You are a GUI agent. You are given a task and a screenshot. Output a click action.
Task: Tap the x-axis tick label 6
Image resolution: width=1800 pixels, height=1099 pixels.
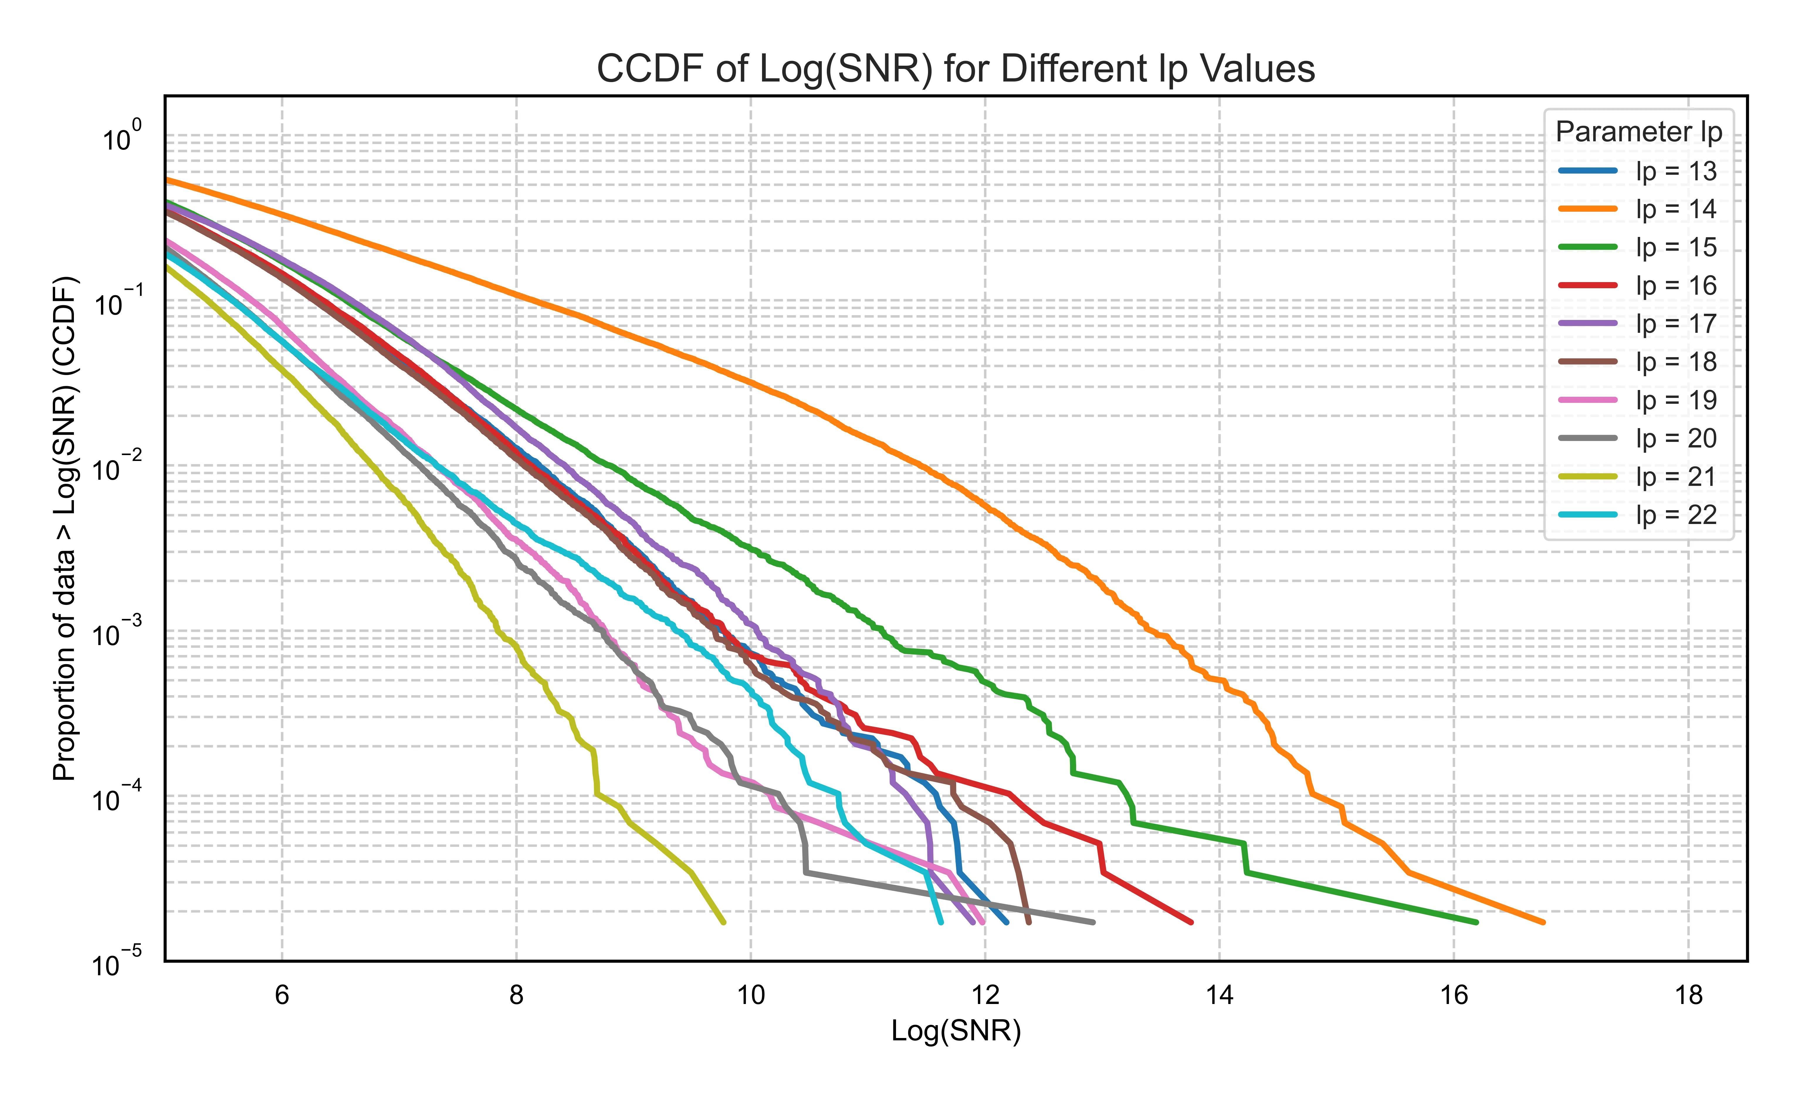click(x=282, y=995)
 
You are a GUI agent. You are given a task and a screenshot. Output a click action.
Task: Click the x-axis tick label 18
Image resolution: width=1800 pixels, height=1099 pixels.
click(x=1688, y=995)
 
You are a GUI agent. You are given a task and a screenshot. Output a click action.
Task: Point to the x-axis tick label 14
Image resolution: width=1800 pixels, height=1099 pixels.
click(x=1219, y=995)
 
